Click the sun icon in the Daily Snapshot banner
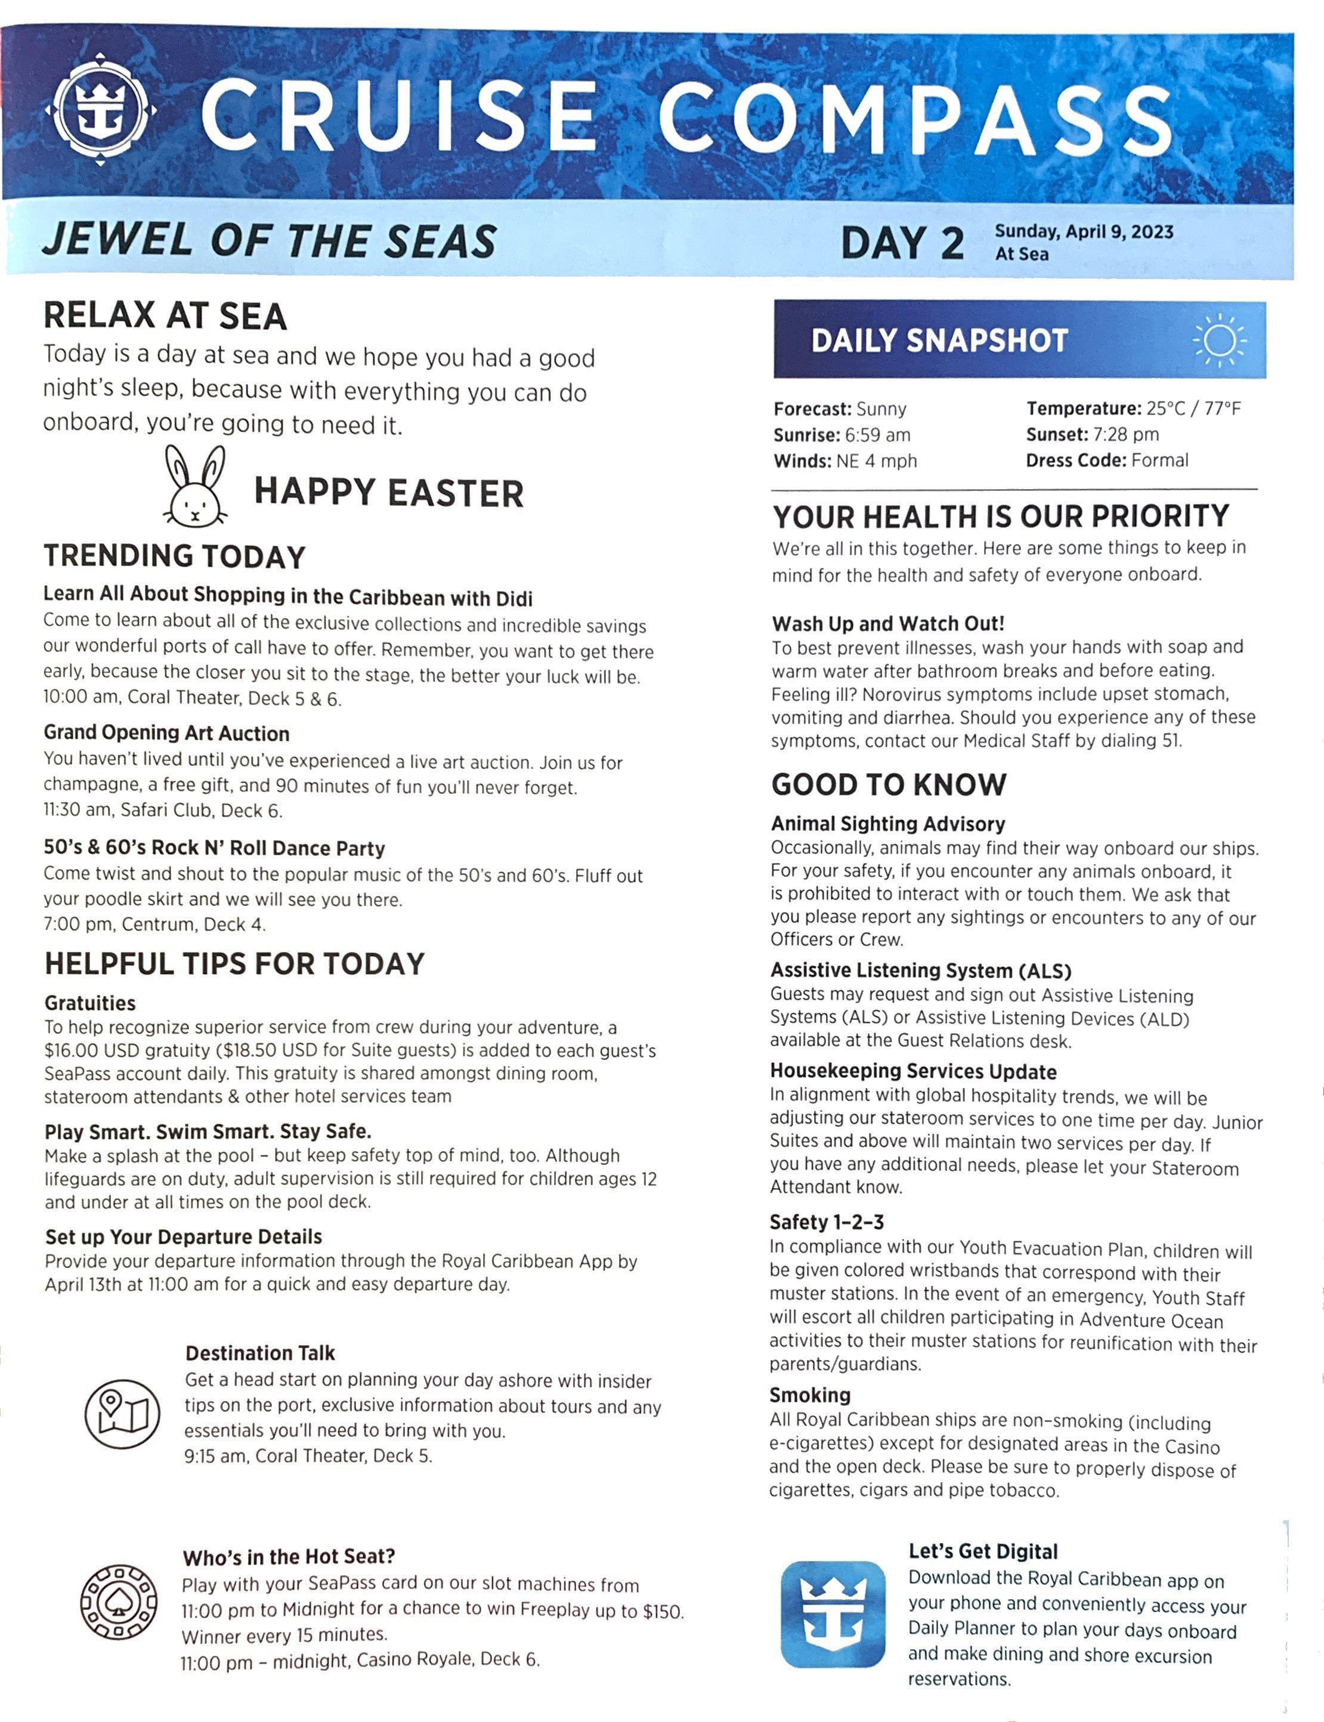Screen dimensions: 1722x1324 (x=1219, y=341)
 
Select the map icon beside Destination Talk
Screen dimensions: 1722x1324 (x=122, y=1414)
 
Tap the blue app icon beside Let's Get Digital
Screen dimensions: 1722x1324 (x=833, y=1613)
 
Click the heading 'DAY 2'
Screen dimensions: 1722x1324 (x=902, y=243)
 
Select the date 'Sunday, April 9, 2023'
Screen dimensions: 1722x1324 (x=1084, y=231)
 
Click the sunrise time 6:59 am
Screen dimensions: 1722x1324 (x=877, y=435)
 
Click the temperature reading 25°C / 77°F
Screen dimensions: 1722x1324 (x=1193, y=408)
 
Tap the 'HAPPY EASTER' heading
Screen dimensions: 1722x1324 (x=388, y=493)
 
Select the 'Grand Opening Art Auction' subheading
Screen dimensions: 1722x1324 (x=166, y=733)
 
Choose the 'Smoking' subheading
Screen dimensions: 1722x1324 (x=809, y=1395)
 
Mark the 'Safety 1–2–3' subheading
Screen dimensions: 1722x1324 (x=827, y=1222)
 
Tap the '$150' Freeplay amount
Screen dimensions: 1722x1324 (x=662, y=1612)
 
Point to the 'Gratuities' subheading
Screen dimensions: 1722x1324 (x=90, y=1003)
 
